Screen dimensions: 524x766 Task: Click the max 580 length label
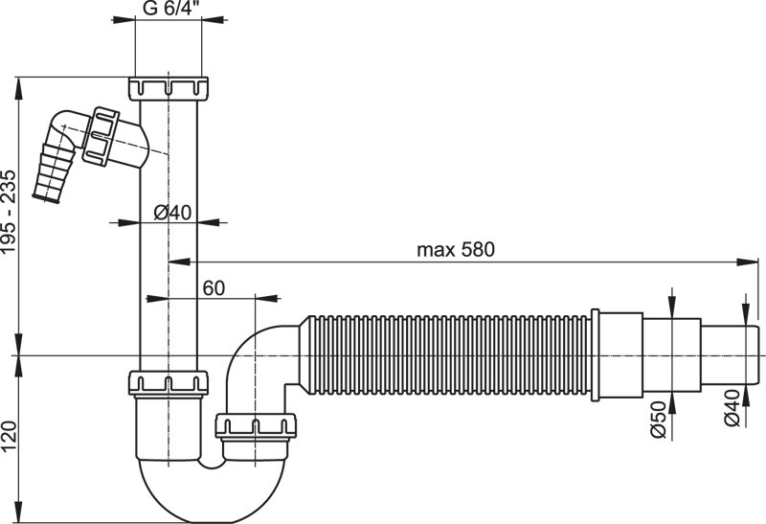455,250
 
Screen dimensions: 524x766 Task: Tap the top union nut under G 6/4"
168,88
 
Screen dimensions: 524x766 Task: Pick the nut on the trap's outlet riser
256,424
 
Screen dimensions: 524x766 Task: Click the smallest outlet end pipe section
734,354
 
